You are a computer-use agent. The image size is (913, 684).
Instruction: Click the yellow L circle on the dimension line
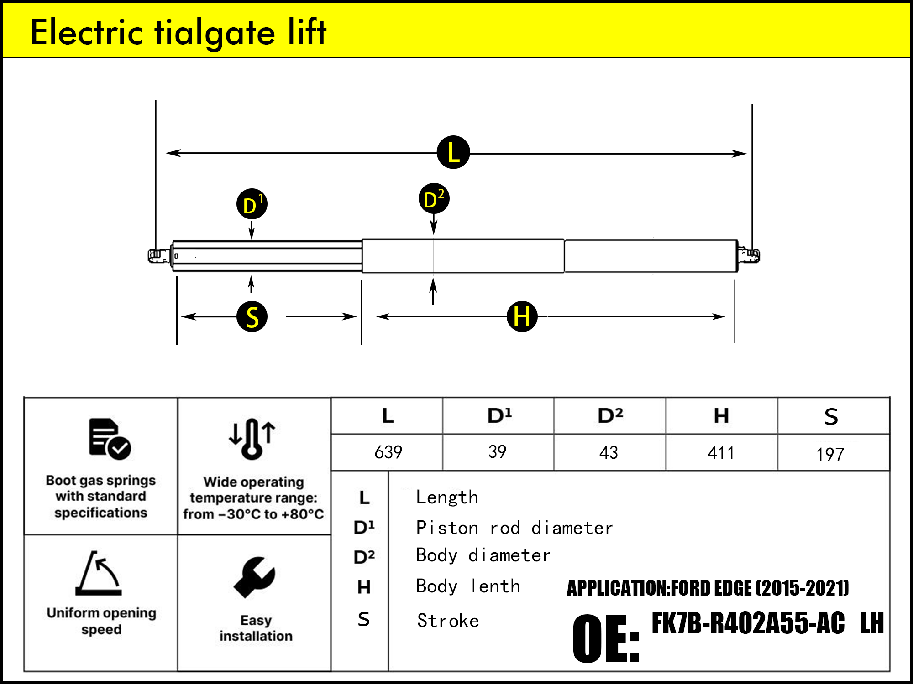(453, 152)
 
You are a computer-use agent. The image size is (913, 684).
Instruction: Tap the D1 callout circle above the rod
(252, 204)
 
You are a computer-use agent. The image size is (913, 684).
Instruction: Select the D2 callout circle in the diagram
(434, 199)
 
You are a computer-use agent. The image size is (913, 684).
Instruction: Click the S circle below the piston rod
(252, 316)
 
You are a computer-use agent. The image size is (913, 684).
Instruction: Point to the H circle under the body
(522, 316)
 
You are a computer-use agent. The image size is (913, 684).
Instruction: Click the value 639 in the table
(388, 452)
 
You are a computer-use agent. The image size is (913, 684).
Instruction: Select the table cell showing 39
(497, 452)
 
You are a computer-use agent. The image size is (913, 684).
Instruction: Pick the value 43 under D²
(609, 452)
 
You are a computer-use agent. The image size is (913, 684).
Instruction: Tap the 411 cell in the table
(721, 453)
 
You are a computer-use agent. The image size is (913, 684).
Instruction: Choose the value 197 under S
(830, 454)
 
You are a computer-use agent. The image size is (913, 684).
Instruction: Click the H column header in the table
(721, 416)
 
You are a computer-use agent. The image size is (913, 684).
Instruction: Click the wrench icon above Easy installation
(254, 577)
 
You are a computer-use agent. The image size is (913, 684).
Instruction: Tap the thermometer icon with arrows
(252, 438)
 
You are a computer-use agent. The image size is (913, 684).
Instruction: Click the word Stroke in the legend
(448, 621)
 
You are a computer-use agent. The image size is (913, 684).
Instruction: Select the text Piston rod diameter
(514, 528)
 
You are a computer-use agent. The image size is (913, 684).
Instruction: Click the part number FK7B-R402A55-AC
(747, 623)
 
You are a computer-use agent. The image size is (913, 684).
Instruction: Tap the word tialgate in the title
(215, 33)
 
